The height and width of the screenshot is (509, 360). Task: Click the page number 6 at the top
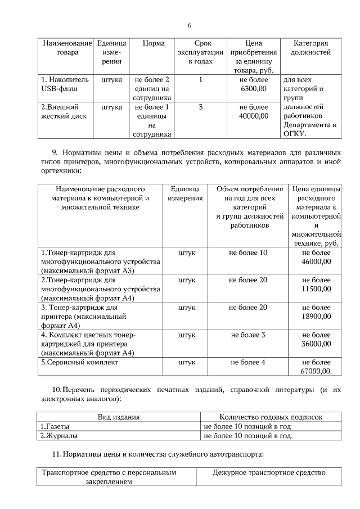(x=190, y=26)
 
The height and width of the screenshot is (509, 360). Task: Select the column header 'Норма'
(x=154, y=43)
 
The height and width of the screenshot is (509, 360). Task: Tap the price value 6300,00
(x=254, y=89)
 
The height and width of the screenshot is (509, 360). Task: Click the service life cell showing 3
(x=201, y=107)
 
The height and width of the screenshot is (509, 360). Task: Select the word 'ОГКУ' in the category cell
(x=294, y=134)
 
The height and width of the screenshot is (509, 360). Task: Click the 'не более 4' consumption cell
(x=248, y=362)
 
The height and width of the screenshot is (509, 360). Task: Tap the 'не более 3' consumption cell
(x=248, y=335)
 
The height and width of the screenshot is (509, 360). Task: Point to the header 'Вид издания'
(x=119, y=417)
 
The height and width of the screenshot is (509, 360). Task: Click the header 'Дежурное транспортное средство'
(x=269, y=473)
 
